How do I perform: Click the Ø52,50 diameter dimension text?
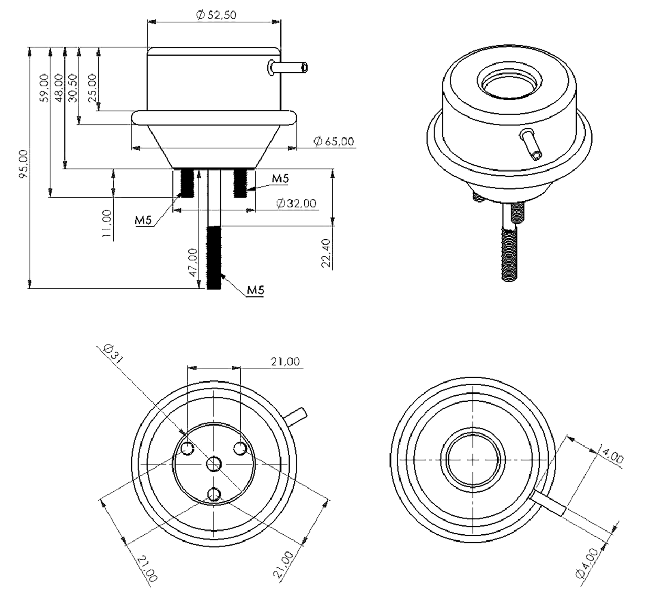pyautogui.click(x=216, y=15)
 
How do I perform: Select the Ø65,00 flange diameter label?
pyautogui.click(x=334, y=141)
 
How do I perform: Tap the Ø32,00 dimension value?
pyautogui.click(x=296, y=203)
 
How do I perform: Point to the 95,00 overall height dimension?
pyautogui.click(x=23, y=164)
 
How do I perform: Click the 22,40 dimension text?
pyautogui.click(x=326, y=253)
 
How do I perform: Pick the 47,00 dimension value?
pyautogui.click(x=192, y=262)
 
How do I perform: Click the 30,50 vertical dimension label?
pyautogui.click(x=72, y=87)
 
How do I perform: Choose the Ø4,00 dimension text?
pyautogui.click(x=587, y=563)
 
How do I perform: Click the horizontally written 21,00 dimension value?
pyautogui.click(x=285, y=362)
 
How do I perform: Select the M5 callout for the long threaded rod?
pyautogui.click(x=255, y=290)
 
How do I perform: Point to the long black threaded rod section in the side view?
pyautogui.click(x=214, y=257)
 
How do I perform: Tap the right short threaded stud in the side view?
pyautogui.click(x=240, y=183)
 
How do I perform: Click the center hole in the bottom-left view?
pyautogui.click(x=214, y=463)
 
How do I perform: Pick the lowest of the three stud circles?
pyautogui.click(x=214, y=494)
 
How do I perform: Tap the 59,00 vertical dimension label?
pyautogui.click(x=44, y=87)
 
